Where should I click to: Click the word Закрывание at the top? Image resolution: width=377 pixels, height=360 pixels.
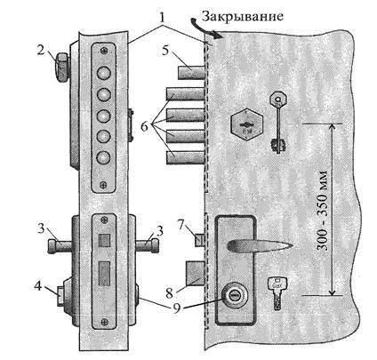(242, 17)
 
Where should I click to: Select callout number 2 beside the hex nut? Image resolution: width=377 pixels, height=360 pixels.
(41, 50)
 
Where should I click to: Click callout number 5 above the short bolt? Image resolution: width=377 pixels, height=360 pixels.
(165, 51)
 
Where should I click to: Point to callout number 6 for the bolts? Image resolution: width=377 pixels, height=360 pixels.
(144, 127)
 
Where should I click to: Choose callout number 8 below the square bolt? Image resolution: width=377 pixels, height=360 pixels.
(169, 293)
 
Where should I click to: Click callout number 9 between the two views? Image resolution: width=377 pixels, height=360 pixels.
(177, 308)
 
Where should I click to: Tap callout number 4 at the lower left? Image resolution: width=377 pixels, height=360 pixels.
(38, 287)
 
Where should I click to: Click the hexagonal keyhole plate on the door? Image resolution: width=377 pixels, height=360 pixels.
(247, 124)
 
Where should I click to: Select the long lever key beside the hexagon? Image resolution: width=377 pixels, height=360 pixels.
(278, 122)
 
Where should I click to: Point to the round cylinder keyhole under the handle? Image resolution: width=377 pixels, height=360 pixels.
(234, 296)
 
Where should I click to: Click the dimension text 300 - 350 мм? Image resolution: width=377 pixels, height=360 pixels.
(324, 210)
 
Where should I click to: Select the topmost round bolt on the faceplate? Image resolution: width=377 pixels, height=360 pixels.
(104, 73)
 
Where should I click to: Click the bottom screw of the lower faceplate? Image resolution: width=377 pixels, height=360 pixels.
(104, 322)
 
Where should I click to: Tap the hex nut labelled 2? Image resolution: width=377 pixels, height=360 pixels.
(61, 68)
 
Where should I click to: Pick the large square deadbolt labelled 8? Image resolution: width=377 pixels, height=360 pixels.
(195, 273)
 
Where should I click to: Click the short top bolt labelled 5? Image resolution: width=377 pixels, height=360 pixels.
(191, 73)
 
